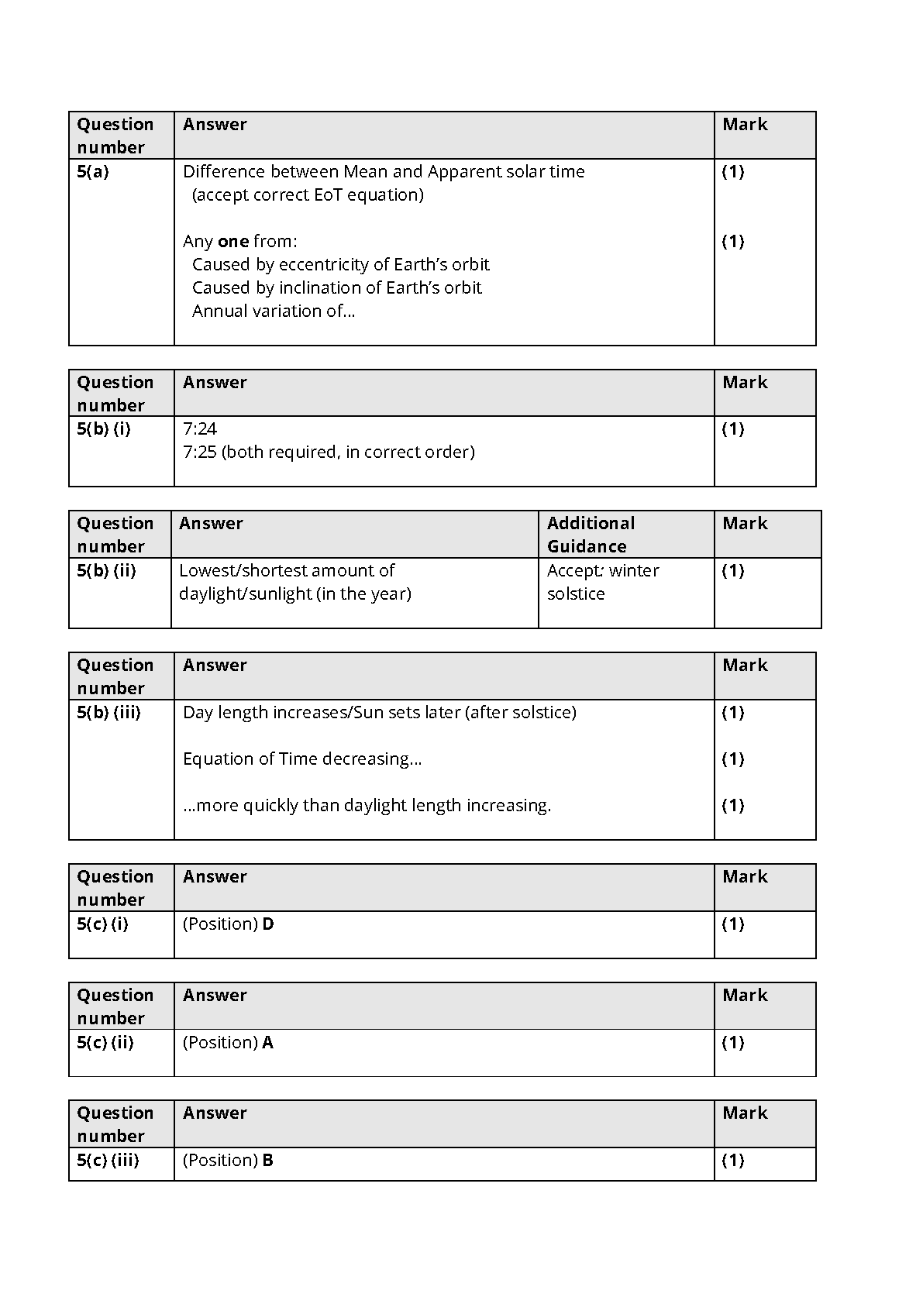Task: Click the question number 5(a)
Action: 93,172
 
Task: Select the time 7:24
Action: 200,429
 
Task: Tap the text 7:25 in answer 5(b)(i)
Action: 200,452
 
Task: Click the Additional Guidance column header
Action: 591,535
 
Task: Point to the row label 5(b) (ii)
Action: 106,571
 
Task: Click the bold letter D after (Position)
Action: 268,924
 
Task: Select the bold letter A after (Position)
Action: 268,1043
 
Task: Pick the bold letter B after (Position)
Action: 268,1161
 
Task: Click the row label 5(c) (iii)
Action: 108,1161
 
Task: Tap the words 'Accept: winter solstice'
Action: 602,582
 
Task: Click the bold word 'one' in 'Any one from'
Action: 232,242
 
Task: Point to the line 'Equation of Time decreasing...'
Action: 302,759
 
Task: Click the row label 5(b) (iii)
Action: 108,713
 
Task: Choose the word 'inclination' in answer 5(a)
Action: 320,288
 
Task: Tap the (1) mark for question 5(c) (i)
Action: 733,924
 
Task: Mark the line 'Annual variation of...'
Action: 274,311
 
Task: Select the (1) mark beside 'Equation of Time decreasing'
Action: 733,759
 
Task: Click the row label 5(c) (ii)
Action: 105,1043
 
